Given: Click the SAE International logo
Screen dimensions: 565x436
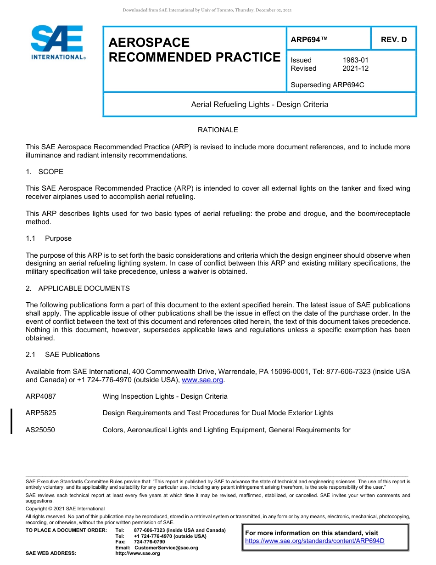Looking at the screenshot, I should pyautogui.click(x=57, y=43).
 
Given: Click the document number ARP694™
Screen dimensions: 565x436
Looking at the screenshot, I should pyautogui.click(x=309, y=40).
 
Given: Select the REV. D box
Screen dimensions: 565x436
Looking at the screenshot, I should pyautogui.click(x=393, y=40).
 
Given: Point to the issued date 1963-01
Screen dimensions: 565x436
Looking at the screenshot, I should pyautogui.click(x=355, y=60).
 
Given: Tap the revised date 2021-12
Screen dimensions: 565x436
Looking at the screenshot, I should pyautogui.click(x=355, y=68).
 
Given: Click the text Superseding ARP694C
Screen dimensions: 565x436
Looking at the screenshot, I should pyautogui.click(x=327, y=85).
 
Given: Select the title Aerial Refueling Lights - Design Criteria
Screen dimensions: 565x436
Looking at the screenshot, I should pyautogui.click(x=259, y=105).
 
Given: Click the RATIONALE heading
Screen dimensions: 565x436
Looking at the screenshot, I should pyautogui.click(x=218, y=130).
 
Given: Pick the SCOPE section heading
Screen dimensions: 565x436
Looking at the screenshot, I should pyautogui.click(x=50, y=172).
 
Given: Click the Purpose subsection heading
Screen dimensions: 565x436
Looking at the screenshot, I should pyautogui.click(x=58, y=238).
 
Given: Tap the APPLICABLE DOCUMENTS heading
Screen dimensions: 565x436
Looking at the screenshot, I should pyautogui.click(x=84, y=288).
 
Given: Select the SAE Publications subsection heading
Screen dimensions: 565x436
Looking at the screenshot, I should pyautogui.click(x=72, y=355).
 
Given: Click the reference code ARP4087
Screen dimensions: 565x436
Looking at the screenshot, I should pyautogui.click(x=41, y=396).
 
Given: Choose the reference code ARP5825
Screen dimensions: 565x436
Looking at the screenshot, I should pyautogui.click(x=41, y=413).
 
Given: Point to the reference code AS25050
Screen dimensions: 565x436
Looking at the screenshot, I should pyautogui.click(x=40, y=430).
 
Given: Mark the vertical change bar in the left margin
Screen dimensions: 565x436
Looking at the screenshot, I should pyautogui.click(x=11, y=421).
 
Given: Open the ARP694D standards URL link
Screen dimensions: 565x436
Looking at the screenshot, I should pyautogui.click(x=314, y=541).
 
